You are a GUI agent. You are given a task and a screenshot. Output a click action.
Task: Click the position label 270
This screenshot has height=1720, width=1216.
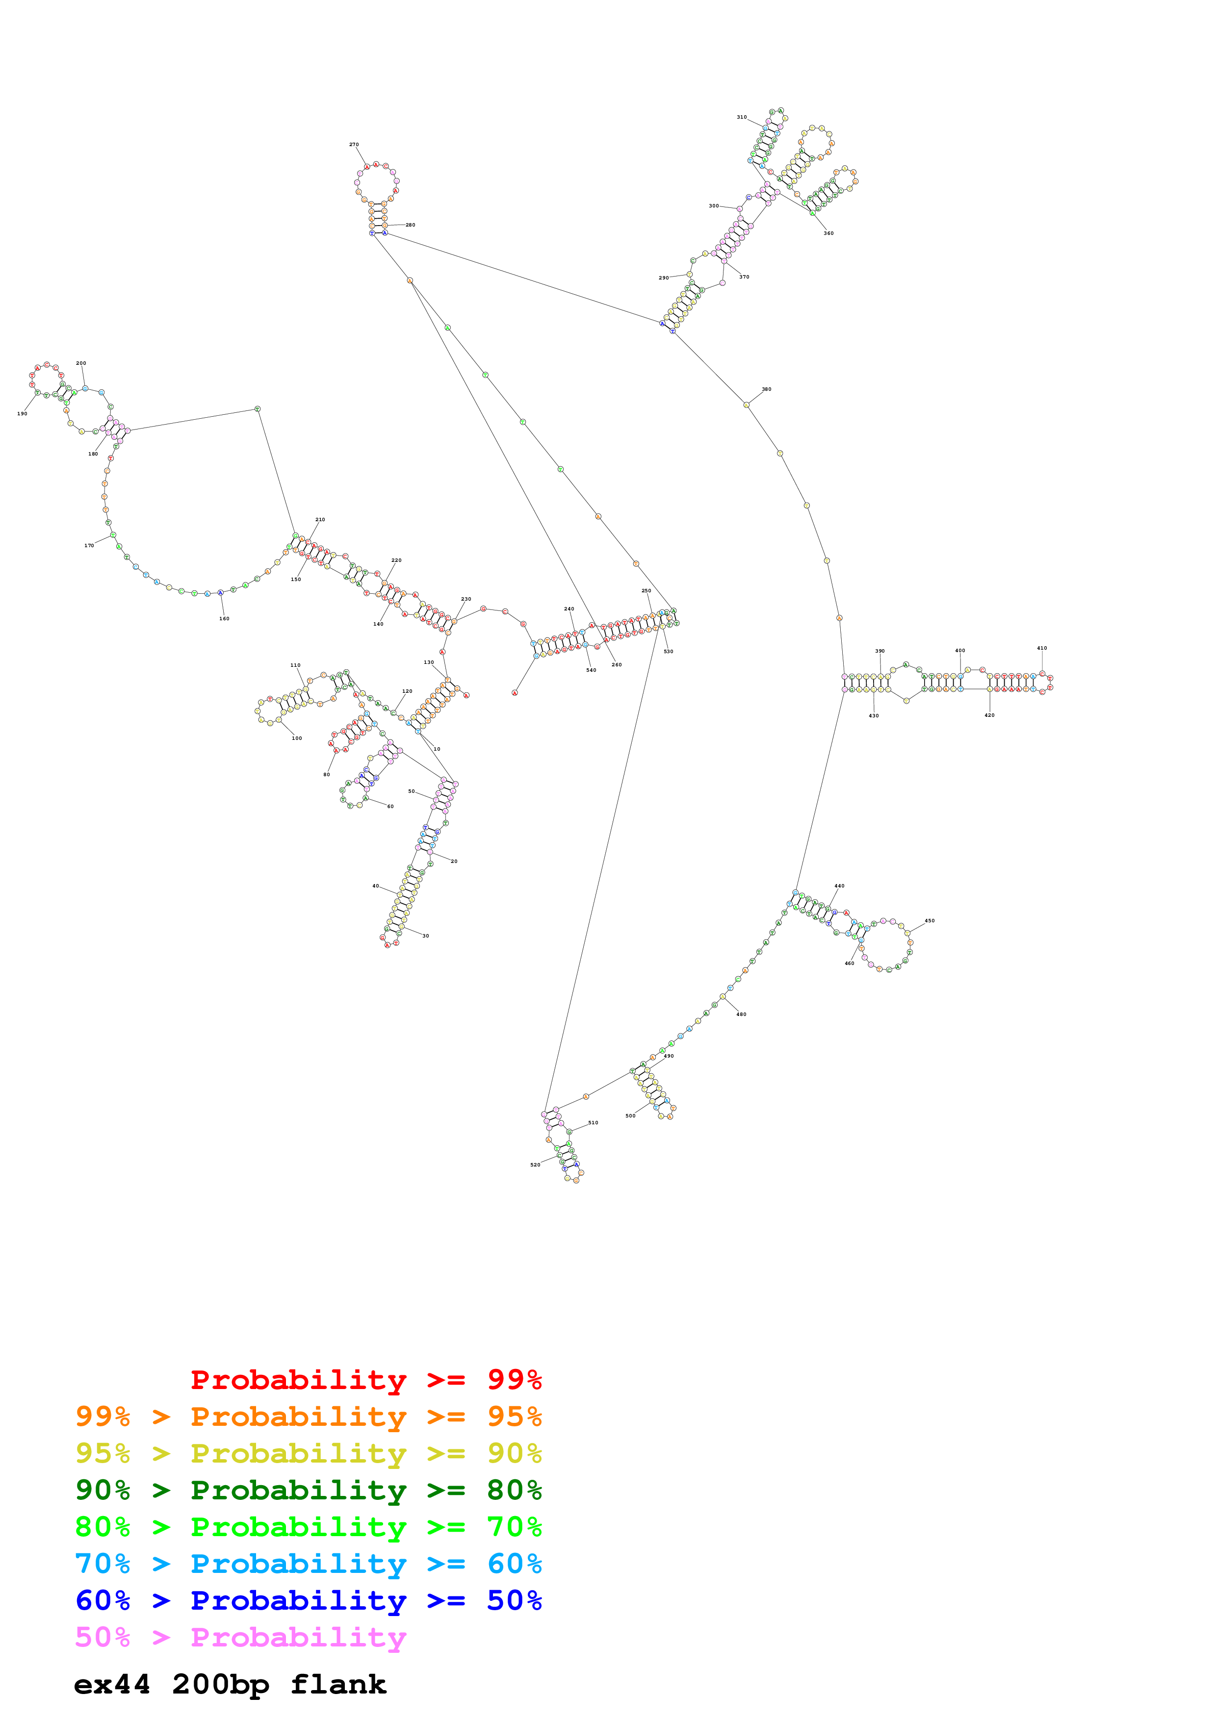(x=354, y=145)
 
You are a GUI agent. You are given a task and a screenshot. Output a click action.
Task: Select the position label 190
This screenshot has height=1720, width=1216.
(x=23, y=413)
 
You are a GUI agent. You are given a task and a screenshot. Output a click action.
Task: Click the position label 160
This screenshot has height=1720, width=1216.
(x=224, y=619)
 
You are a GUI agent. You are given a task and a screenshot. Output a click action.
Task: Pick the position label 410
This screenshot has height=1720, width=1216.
(x=1041, y=648)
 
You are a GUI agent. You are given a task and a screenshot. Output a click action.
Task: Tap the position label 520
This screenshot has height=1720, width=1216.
(x=535, y=1165)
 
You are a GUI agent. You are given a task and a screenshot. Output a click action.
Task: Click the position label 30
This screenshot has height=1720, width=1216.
(x=426, y=936)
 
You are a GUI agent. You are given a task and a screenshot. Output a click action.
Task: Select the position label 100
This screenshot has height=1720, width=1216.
(x=297, y=738)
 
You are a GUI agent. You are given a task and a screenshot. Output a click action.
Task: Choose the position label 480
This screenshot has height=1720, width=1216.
(x=741, y=1014)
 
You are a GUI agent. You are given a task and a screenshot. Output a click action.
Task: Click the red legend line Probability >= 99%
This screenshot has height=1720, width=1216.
(x=365, y=1379)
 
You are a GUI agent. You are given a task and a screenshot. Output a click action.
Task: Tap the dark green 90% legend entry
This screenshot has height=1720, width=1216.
(x=308, y=1490)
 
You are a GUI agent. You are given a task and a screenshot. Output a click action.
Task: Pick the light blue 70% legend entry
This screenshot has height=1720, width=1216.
(x=308, y=1564)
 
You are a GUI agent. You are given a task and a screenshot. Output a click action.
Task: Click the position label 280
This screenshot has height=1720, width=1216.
(x=410, y=225)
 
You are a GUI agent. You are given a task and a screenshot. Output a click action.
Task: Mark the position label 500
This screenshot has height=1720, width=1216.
(x=630, y=1116)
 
